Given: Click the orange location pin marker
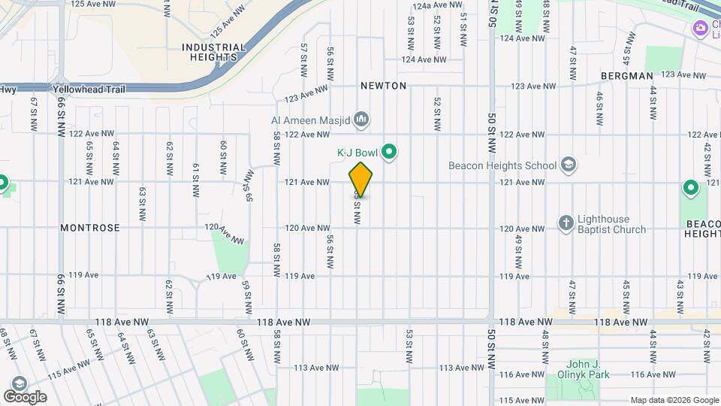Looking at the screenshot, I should coord(360,179).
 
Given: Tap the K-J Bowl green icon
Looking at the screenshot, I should coord(389,153).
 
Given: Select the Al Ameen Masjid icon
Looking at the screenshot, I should coord(361,118).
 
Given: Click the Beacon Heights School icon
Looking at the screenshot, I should coord(569,165).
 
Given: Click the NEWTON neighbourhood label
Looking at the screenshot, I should coord(383,86).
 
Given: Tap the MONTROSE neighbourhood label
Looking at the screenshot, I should coord(90,227).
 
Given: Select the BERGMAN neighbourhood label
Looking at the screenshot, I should coord(627,76).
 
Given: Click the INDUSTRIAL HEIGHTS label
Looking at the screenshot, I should coord(213,52).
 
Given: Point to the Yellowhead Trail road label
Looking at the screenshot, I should coord(89,89).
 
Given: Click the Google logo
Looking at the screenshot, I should coord(25,396).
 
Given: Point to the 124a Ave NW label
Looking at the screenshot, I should coord(437,5).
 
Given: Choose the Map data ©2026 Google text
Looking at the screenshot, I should coord(674,400).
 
